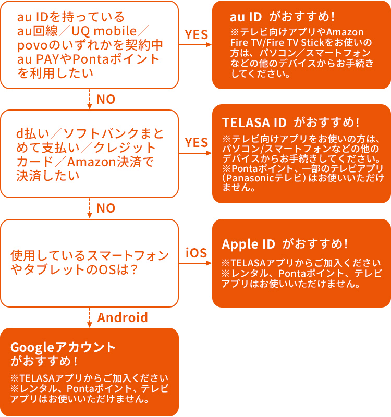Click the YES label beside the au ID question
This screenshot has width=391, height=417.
tap(197, 34)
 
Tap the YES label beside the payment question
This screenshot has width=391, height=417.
tap(197, 142)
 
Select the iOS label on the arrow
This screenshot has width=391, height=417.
tap(197, 253)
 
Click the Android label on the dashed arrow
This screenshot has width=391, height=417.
tap(123, 317)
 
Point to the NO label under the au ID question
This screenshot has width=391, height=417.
tap(106, 99)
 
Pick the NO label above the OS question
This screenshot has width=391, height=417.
tap(106, 208)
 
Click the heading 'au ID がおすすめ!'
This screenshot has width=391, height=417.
tap(282, 17)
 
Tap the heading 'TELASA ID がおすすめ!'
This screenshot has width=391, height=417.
tap(291, 122)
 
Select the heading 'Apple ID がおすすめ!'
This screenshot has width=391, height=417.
tap(285, 244)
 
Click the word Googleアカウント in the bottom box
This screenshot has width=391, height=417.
tap(63, 347)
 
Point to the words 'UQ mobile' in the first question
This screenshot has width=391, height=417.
tap(104, 31)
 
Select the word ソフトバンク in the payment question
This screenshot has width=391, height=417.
tap(102, 133)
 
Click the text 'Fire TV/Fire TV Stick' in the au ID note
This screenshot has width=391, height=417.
tap(277, 42)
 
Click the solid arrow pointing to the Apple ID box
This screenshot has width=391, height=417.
tap(195, 263)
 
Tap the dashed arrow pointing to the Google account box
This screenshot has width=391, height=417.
tap(90, 317)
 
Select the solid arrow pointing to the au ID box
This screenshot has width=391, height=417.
tap(195, 45)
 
